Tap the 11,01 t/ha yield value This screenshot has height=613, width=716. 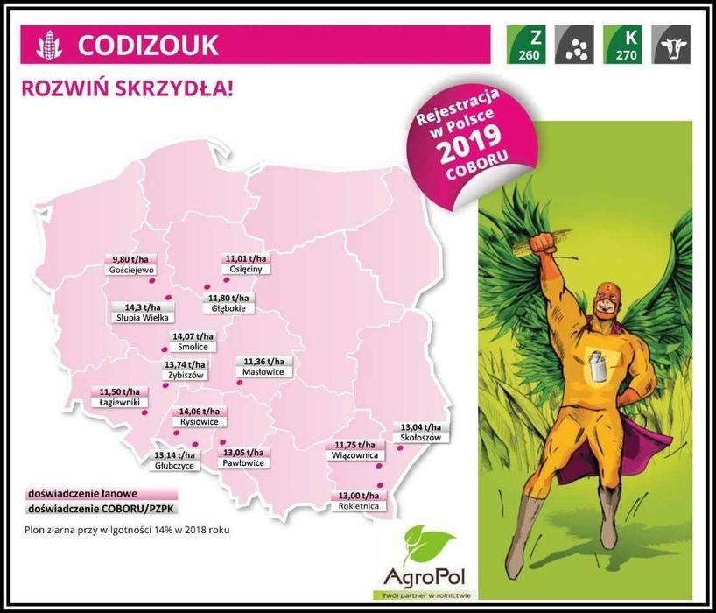[x=245, y=258]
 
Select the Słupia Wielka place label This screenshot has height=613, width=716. [x=142, y=318]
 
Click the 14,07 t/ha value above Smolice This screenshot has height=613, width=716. [x=192, y=336]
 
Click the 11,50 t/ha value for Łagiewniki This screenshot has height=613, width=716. [x=119, y=391]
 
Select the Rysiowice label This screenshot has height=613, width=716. [x=199, y=422]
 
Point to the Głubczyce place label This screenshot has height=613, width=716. [x=174, y=467]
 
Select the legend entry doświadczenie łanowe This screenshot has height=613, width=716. [x=70, y=493]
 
